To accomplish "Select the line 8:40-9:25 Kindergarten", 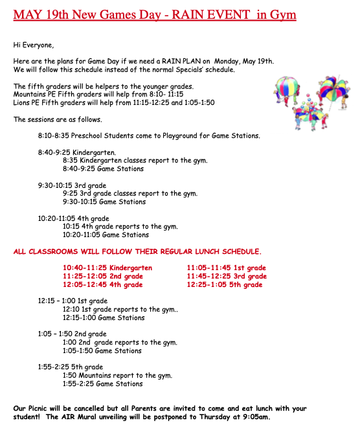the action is (77, 152).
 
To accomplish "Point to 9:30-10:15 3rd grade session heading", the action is (73, 185).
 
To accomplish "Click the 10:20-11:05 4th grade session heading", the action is (74, 218).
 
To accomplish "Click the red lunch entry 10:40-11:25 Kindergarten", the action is (107, 268).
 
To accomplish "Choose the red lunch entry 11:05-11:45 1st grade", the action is (226, 268).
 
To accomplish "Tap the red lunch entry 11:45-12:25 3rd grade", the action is (227, 276).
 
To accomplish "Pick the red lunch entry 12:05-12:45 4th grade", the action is (102, 284).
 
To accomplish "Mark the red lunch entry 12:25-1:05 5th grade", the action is (225, 284).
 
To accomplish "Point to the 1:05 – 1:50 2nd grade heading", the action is (73, 334).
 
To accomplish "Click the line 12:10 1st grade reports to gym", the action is (120, 310).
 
